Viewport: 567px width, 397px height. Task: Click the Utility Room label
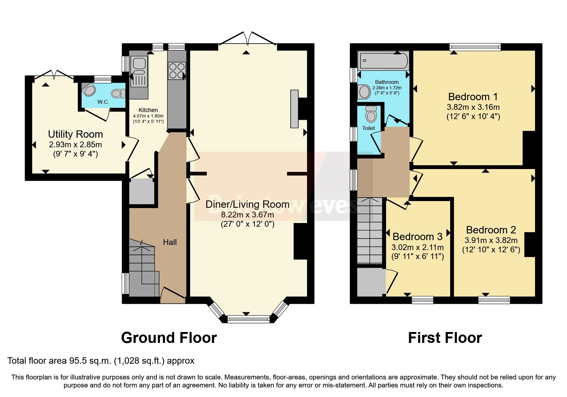point(75,134)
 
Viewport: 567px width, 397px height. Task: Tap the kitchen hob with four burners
point(176,71)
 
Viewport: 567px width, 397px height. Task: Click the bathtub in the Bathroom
point(383,61)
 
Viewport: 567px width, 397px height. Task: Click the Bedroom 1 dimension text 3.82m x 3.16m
point(473,107)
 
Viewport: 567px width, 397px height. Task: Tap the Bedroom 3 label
point(417,237)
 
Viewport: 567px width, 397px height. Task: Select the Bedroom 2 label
point(491,230)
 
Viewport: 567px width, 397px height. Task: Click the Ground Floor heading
point(169,338)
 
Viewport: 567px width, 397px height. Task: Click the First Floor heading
point(445,338)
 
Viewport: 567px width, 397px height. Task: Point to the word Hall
point(170,242)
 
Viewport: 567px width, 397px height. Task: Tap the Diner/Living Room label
point(247,204)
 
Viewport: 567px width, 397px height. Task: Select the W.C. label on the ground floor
point(103,102)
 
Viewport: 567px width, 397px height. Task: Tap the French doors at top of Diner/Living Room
point(247,38)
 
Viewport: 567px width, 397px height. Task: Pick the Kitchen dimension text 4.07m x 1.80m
point(148,116)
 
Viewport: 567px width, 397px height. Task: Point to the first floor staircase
point(370,231)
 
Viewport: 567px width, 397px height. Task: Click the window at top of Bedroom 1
point(475,47)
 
